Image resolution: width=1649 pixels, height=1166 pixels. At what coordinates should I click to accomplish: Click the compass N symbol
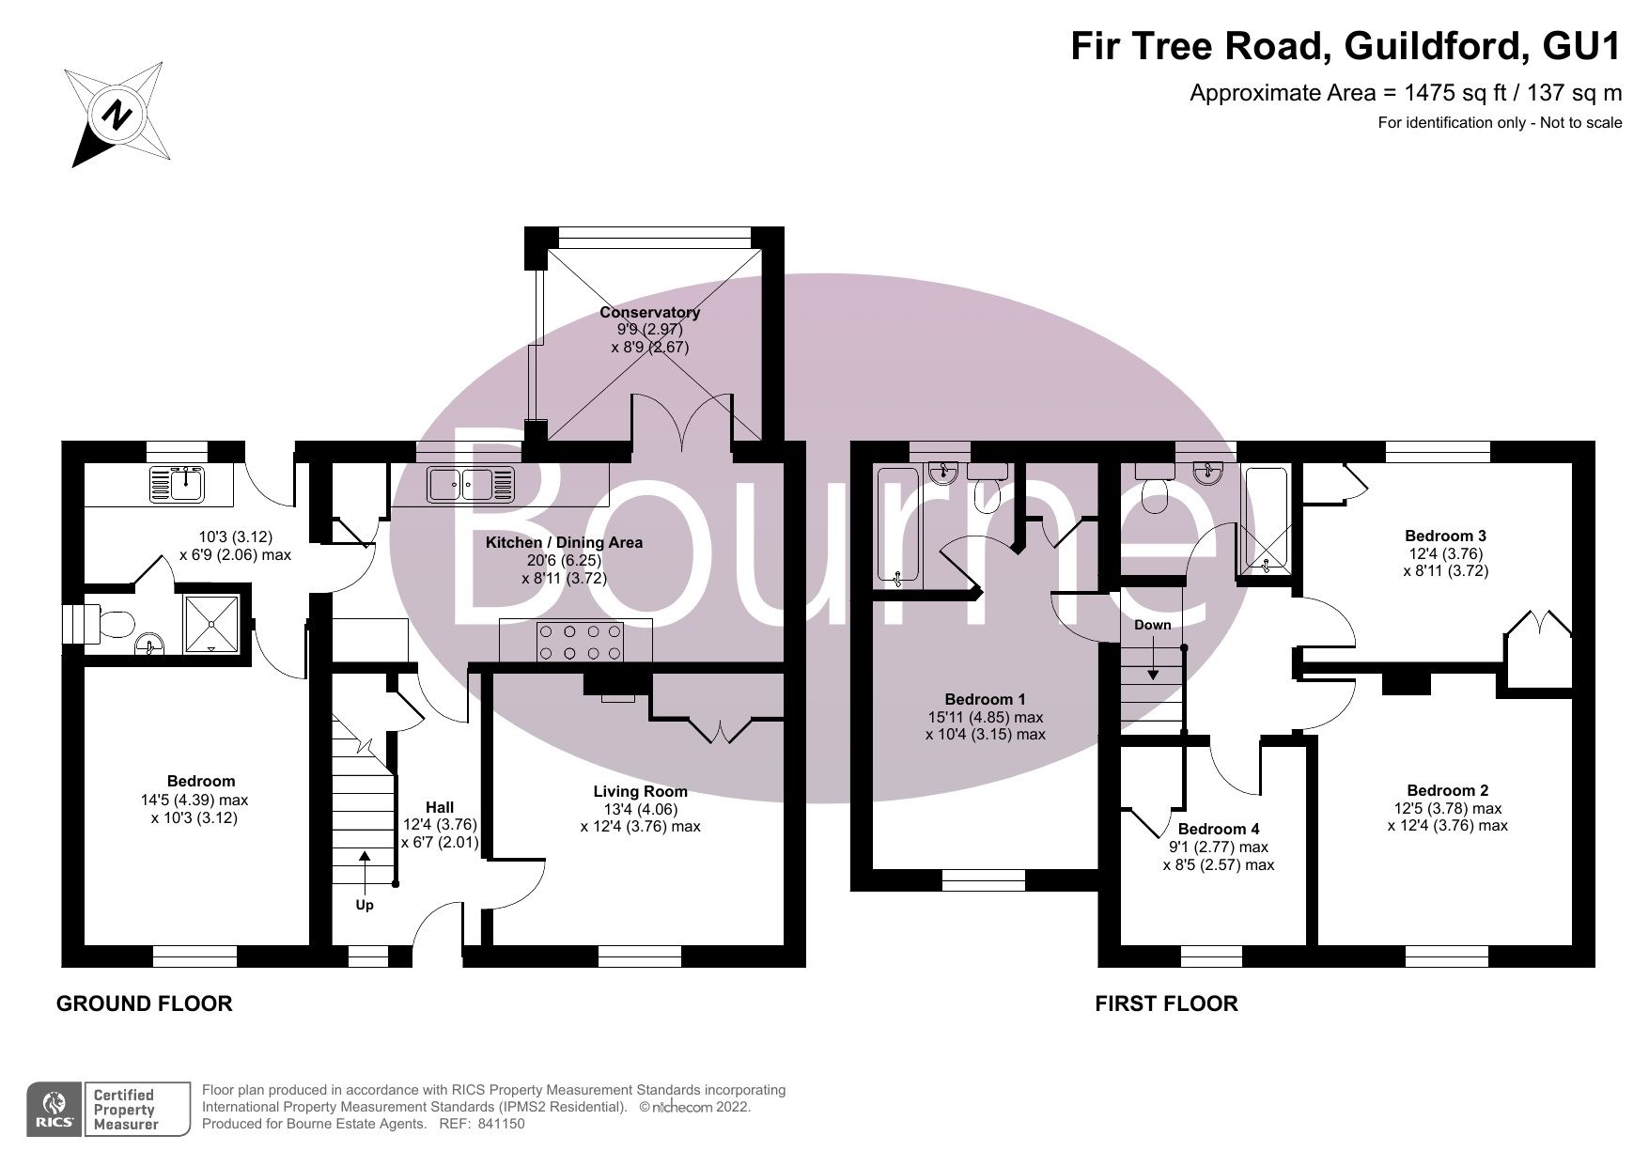117,115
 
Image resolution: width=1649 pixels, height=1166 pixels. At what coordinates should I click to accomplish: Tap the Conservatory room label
649,312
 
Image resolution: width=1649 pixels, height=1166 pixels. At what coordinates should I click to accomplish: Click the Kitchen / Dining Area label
564,542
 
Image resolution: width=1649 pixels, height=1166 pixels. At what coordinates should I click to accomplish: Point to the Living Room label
640,791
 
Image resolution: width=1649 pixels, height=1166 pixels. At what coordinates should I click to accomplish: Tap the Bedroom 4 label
1218,829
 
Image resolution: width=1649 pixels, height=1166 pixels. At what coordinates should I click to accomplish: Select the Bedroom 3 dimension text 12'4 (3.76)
1445,553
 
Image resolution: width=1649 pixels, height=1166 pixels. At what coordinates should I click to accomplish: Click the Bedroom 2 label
1447,790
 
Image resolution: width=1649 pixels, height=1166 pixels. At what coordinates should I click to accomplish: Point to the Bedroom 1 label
985,699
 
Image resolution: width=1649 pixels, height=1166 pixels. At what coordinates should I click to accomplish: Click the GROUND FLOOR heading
144,1003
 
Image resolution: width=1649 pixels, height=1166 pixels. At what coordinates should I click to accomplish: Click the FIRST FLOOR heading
1166,1003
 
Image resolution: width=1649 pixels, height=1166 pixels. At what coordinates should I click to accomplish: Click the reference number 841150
502,1124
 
